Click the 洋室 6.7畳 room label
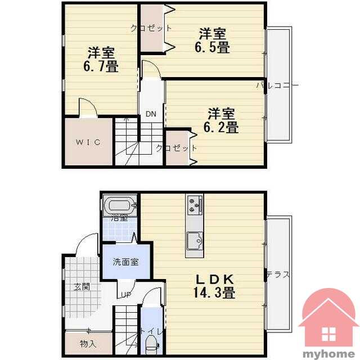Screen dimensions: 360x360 (x=101, y=60)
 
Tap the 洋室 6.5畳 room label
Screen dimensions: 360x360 (x=213, y=40)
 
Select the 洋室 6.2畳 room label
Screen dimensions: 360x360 (x=221, y=120)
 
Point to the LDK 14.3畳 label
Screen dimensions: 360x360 (x=214, y=286)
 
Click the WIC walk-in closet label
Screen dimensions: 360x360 (x=88, y=142)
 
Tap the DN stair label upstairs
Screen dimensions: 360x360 (x=151, y=114)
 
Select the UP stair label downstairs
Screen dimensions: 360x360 (x=126, y=295)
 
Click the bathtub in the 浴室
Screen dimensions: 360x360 (x=120, y=205)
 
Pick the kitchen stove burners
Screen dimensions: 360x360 (x=195, y=204)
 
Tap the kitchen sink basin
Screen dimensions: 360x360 (x=195, y=241)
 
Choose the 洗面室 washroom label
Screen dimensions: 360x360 (x=125, y=262)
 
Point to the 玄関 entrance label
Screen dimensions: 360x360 (x=82, y=287)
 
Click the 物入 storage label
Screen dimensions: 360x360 (x=88, y=344)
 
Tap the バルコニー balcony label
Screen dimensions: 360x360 (x=277, y=85)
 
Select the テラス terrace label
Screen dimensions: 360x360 (x=278, y=274)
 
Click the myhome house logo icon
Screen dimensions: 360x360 (x=328, y=317)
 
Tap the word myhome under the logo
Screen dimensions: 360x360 (x=328, y=354)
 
